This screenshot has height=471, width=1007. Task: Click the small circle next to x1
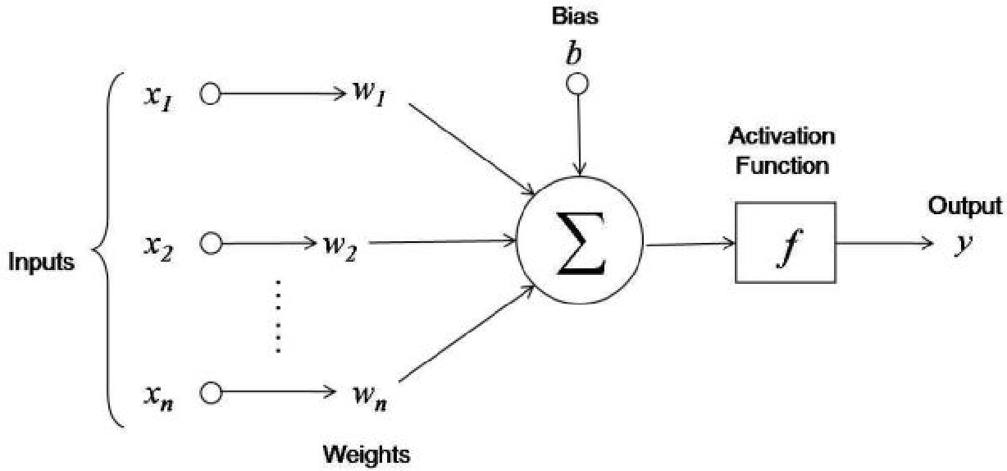211,94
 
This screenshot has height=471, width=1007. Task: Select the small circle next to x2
211,244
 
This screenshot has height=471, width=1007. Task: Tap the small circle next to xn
211,392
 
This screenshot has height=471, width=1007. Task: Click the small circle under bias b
579,83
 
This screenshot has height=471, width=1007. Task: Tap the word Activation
782,136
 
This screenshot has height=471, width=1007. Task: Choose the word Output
964,206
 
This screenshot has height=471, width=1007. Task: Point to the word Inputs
41,263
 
